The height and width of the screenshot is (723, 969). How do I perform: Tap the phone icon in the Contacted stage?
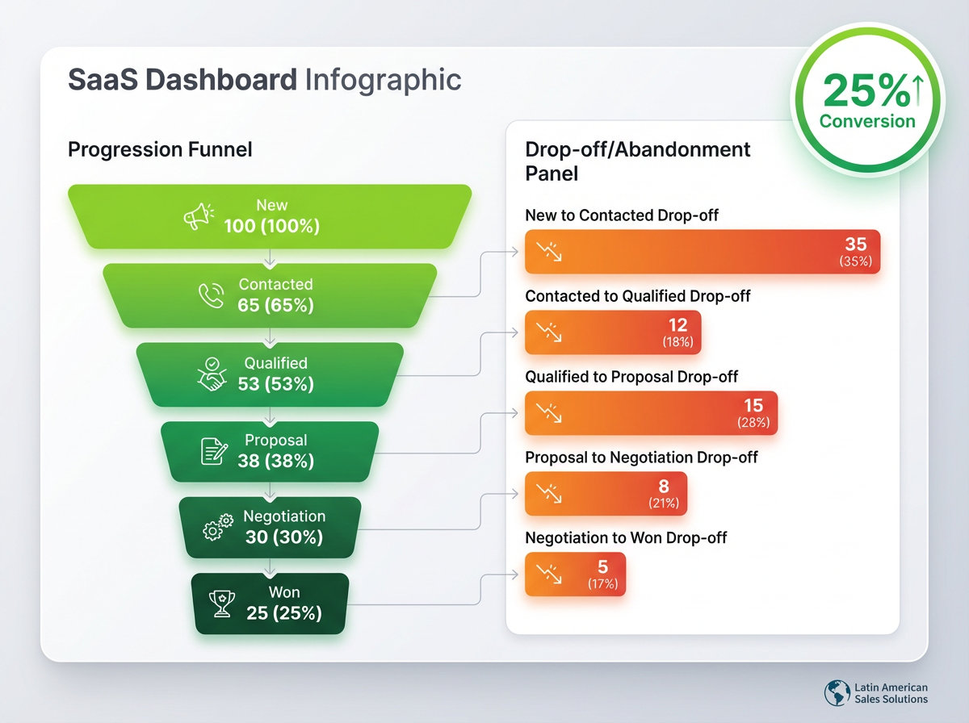tap(211, 295)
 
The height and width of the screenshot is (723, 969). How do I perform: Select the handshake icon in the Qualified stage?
tap(212, 374)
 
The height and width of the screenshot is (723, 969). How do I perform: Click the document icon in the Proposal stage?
tap(214, 451)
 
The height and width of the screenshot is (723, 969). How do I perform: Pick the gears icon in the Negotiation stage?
tap(218, 527)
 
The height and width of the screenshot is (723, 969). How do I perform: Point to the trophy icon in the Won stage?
tap(221, 604)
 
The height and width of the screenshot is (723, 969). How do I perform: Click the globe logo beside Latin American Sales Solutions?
tap(837, 692)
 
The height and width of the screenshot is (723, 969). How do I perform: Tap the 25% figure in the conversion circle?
tap(866, 90)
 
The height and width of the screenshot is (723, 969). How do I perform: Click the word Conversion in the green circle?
tap(867, 121)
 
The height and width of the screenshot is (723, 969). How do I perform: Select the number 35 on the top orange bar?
tap(856, 244)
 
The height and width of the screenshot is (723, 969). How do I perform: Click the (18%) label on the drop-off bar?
tap(677, 342)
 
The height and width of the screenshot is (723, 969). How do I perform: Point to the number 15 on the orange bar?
tap(753, 405)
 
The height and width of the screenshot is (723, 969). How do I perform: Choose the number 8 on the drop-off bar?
tap(664, 486)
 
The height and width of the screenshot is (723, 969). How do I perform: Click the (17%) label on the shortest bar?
tap(602, 583)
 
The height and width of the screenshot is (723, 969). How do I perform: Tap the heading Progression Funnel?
tap(160, 149)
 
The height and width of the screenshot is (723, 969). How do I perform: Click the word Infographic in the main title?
tap(384, 80)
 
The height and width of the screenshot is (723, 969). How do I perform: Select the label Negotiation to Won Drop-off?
tap(626, 537)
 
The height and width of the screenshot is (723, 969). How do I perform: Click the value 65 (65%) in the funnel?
tap(275, 305)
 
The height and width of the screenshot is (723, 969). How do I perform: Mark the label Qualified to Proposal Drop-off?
tap(631, 377)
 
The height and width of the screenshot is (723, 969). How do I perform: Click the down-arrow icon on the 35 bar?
tap(549, 252)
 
